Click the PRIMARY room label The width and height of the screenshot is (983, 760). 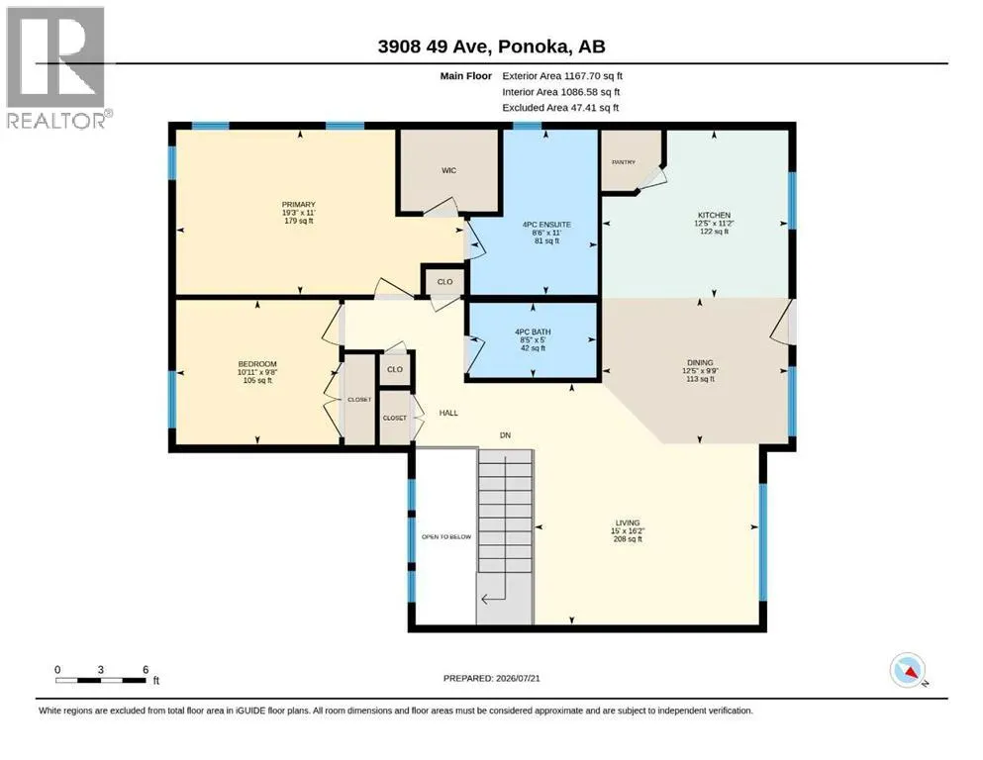pos(298,205)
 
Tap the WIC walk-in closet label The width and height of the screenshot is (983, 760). pos(448,170)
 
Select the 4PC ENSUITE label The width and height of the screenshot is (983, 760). pos(546,225)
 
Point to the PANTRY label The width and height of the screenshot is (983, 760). pos(624,162)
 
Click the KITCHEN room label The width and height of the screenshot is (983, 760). pos(714,215)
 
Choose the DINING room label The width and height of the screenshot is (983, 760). pos(700,363)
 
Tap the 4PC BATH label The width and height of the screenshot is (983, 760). pos(533,332)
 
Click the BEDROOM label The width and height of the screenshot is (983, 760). pos(257,364)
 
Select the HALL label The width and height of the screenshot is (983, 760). pos(448,413)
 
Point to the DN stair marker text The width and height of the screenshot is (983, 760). pos(505,434)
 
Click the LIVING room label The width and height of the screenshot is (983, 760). pos(628,522)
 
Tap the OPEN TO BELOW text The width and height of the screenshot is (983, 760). pos(446,537)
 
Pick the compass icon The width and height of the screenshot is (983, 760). pos(908,670)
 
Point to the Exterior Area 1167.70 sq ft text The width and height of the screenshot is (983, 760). pos(562,76)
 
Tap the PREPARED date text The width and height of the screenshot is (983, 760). pos(491,678)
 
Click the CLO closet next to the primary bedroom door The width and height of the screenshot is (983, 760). pos(445,282)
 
